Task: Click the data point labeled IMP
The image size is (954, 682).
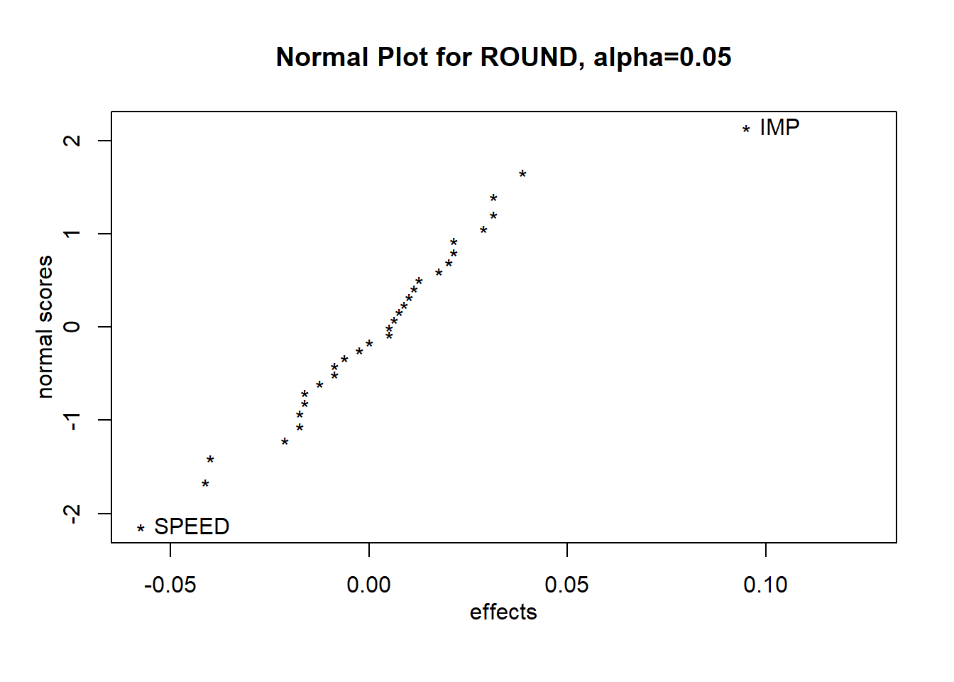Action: point(746,129)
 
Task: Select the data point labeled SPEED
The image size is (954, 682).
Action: point(141,529)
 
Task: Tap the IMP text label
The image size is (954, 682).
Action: point(779,128)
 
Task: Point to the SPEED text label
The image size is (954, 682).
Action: point(192,527)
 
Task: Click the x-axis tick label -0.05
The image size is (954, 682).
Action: point(170,585)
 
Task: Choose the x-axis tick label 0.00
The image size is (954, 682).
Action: point(368,585)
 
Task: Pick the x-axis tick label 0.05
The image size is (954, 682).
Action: point(566,585)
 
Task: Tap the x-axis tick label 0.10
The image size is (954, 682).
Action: point(765,585)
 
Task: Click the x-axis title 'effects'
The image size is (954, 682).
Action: point(503,612)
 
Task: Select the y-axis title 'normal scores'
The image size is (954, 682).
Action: point(45,327)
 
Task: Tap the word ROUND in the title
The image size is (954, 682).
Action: point(530,58)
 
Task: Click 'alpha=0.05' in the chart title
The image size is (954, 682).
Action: point(662,58)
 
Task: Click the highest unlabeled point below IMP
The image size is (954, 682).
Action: point(522,174)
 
